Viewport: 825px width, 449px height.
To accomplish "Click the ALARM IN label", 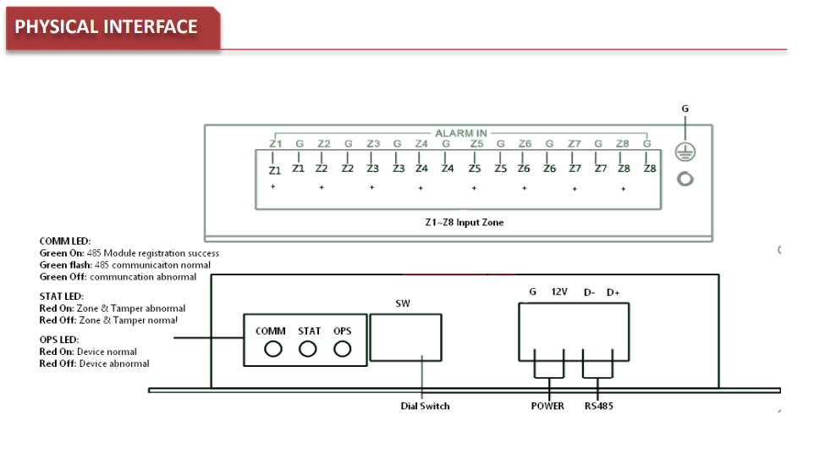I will click(460, 133).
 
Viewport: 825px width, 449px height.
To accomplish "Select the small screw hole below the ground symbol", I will click(685, 180).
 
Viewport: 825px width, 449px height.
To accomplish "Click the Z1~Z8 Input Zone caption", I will click(464, 222).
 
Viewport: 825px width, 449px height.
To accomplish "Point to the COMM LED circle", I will click(272, 349).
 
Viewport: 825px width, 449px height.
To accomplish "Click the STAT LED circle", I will click(309, 349).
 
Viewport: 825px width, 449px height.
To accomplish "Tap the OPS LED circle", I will click(342, 349).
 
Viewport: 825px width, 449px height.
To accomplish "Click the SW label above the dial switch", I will click(403, 302).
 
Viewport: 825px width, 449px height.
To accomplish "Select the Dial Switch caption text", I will click(425, 406).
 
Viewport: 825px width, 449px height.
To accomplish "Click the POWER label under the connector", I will click(547, 406).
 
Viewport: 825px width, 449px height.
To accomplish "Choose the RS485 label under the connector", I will click(598, 406).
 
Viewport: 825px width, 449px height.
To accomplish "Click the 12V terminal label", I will click(560, 292).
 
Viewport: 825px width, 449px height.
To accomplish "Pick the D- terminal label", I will click(589, 292).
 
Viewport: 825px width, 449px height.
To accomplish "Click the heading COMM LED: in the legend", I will click(64, 241).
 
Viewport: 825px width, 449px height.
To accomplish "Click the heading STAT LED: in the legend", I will click(62, 296).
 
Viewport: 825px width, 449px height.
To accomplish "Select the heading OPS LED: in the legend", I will click(59, 339).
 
